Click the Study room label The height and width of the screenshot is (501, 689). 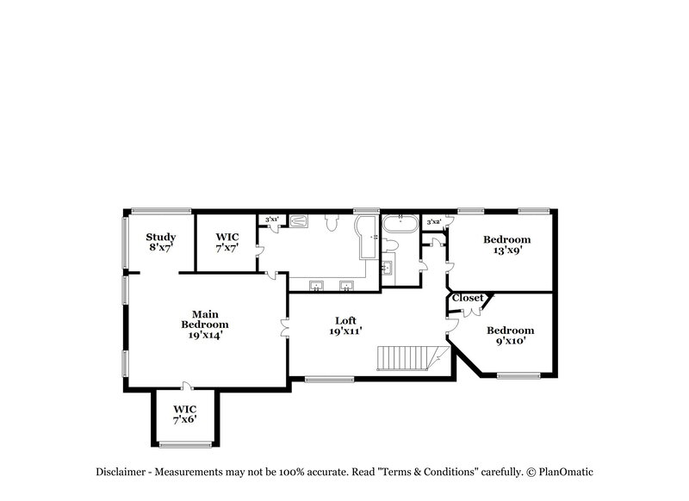tap(160, 238)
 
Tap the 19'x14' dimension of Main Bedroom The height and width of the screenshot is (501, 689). tap(204, 335)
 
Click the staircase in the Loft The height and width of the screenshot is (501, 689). tap(409, 357)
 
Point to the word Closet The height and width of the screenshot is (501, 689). tap(468, 298)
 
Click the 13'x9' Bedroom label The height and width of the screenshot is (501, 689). tap(506, 239)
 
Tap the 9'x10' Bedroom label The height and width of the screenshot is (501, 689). tap(510, 331)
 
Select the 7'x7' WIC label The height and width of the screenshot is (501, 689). tap(227, 238)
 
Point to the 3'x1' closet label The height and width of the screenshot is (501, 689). tap(271, 220)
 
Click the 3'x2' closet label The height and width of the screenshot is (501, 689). tap(434, 222)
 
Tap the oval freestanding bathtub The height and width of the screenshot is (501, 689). tap(400, 226)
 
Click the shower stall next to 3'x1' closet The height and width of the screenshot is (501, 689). tap(298, 220)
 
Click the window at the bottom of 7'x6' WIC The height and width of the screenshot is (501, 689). tap(185, 444)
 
